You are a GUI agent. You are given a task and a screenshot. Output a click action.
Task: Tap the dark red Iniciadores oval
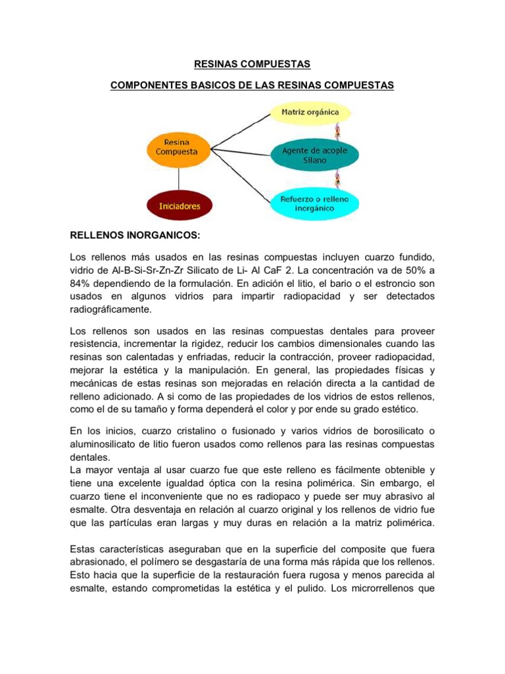click(180, 205)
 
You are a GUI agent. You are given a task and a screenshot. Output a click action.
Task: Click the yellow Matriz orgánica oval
click(310, 112)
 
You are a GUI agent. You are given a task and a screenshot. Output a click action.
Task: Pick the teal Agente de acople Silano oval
click(315, 155)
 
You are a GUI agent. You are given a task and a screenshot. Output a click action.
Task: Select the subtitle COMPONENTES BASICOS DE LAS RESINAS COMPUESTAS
click(252, 86)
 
